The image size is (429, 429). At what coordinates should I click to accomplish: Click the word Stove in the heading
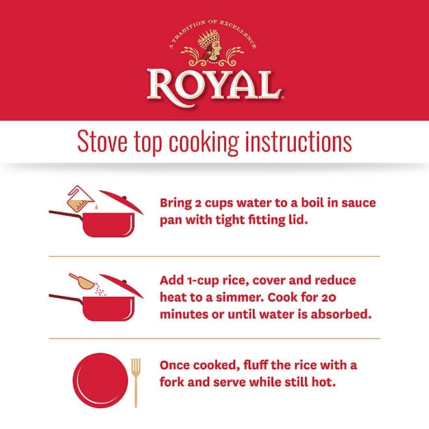[102, 142]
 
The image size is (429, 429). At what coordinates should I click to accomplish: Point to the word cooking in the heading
[204, 143]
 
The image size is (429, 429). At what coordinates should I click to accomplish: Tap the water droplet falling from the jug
[96, 207]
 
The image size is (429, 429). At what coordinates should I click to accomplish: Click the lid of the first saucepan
[122, 201]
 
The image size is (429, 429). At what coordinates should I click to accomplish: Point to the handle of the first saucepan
[66, 214]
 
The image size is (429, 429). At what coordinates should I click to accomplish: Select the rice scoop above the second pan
[81, 281]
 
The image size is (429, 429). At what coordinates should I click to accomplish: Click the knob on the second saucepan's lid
[125, 281]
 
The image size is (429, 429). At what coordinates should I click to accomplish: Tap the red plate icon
[100, 380]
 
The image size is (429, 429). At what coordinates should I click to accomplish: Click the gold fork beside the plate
[135, 382]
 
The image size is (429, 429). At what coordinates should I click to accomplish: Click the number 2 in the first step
[198, 203]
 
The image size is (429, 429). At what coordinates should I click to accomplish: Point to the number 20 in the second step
[328, 298]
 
